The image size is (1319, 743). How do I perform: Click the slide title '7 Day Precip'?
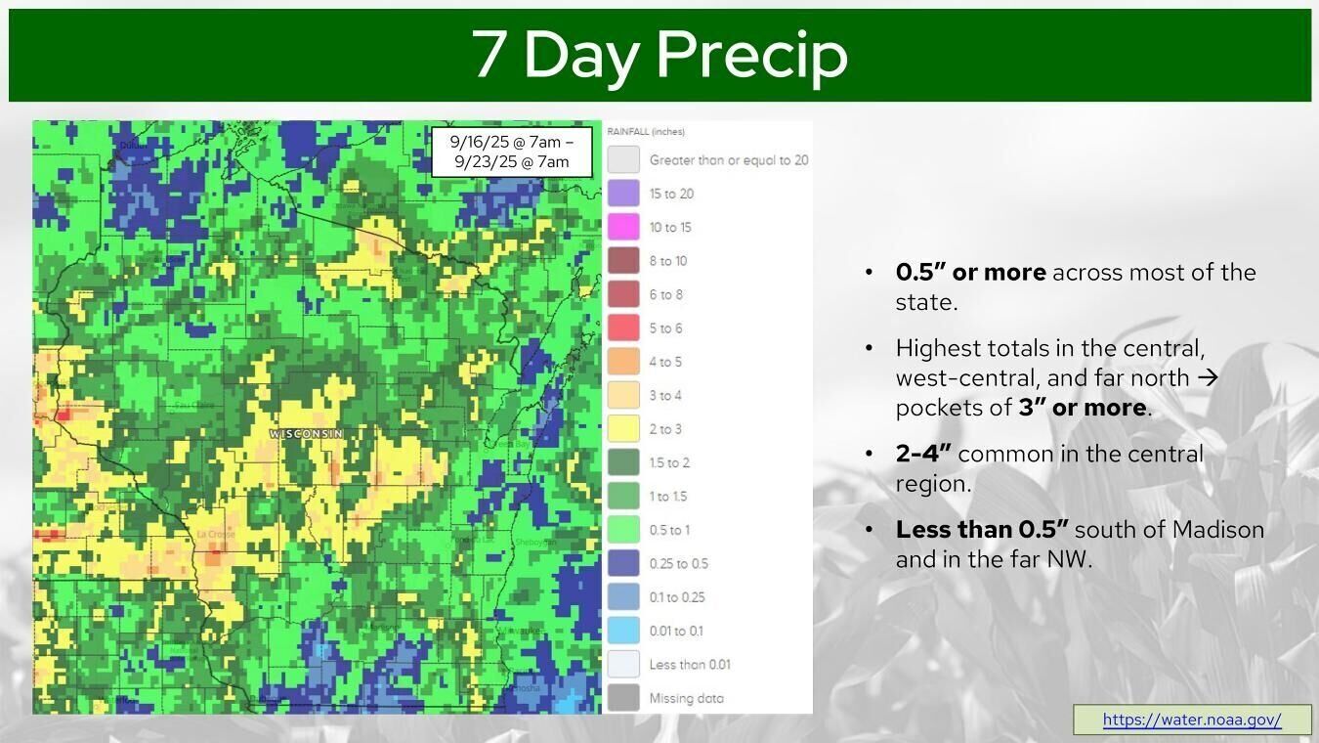(x=659, y=54)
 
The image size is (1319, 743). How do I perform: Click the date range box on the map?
(x=512, y=152)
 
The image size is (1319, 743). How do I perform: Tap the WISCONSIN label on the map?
(x=306, y=433)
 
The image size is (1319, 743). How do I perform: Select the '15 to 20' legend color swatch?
(x=623, y=194)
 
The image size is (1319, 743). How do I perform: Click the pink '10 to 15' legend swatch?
(x=623, y=227)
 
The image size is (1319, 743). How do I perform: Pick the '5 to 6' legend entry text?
(x=665, y=328)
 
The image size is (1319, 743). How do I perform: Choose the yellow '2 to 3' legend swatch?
(x=623, y=429)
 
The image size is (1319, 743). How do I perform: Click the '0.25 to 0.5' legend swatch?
(x=623, y=563)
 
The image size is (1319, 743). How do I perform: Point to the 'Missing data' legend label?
(x=686, y=698)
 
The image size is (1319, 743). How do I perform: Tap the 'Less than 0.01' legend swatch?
(x=623, y=665)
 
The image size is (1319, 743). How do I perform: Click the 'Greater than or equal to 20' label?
(x=728, y=160)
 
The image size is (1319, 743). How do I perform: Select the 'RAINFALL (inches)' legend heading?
(x=646, y=132)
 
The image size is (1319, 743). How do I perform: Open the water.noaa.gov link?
(x=1191, y=720)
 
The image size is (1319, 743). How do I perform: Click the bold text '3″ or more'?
(x=1082, y=408)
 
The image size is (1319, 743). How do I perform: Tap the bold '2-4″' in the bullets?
(x=923, y=454)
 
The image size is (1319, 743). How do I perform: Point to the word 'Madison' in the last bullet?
(x=1217, y=530)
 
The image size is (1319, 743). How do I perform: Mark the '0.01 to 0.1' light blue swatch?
(x=623, y=631)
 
